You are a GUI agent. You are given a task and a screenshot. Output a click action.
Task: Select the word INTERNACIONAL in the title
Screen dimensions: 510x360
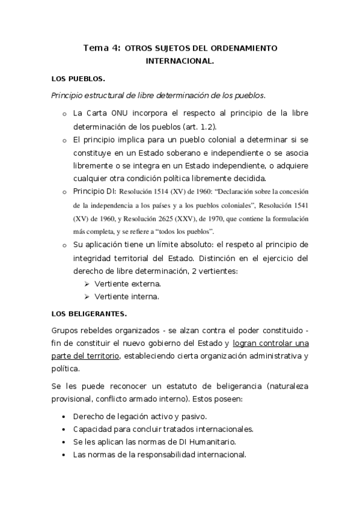tap(180, 61)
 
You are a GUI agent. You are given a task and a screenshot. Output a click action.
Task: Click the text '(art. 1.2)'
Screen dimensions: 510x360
tap(198, 127)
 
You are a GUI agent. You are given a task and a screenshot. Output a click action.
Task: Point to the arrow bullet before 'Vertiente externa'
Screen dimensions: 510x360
tap(87, 283)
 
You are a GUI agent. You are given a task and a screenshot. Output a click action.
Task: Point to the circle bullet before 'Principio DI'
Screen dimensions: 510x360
tap(64, 192)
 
